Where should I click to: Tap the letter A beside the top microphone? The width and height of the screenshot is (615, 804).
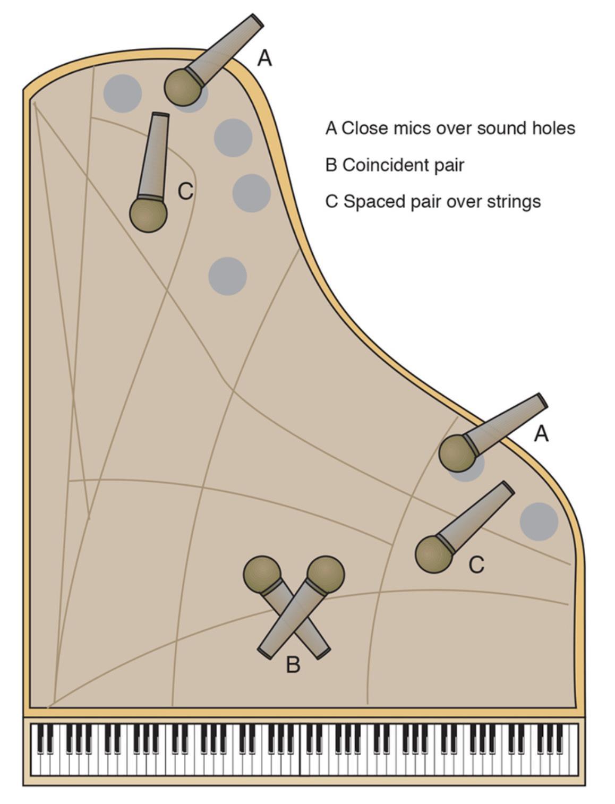point(264,58)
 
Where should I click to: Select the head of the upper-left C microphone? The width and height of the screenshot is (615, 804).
point(148,214)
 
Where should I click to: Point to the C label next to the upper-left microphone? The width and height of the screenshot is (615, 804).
point(185,191)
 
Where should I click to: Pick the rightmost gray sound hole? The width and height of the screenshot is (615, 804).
point(539,521)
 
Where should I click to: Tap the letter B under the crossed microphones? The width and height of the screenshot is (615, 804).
point(293,664)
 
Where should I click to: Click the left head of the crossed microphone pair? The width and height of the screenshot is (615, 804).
point(262,574)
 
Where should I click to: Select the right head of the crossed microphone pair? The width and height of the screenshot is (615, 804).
point(326,574)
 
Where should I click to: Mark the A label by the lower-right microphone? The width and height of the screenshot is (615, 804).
point(541,434)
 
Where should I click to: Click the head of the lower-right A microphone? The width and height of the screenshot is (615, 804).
point(456,453)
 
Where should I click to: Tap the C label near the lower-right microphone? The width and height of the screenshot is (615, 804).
point(476,565)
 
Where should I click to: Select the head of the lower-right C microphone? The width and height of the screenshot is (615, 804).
point(433,554)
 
